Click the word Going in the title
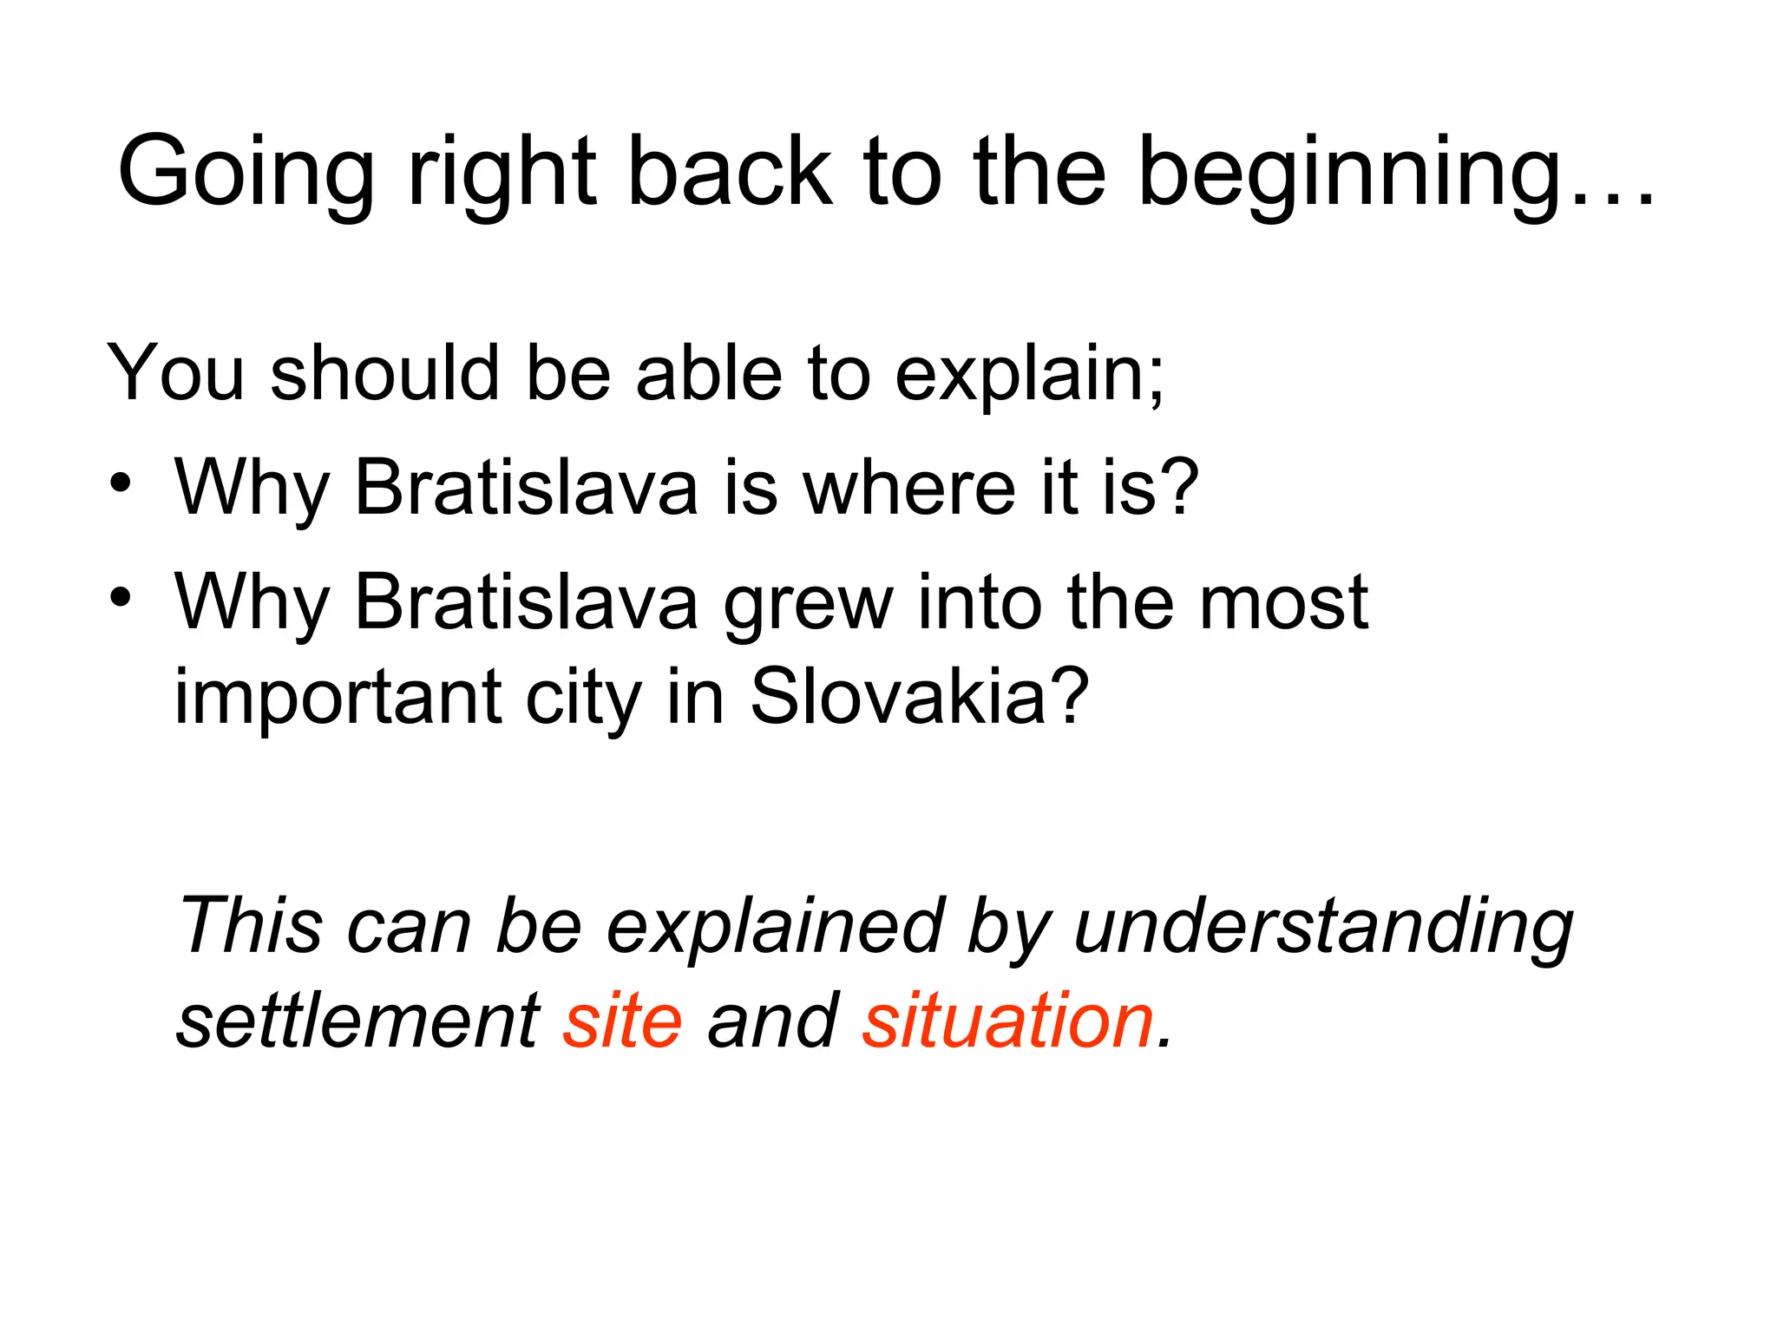tap(246, 174)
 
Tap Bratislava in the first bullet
tap(526, 488)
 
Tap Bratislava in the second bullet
tap(526, 602)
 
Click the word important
tap(338, 699)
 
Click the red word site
tap(623, 1021)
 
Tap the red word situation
tap(1008, 1021)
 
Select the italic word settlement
tap(358, 1021)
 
